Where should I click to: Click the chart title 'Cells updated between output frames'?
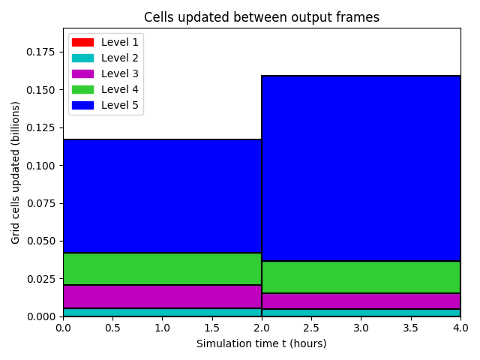262,17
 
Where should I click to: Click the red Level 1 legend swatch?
82,42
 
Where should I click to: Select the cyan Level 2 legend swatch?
82,58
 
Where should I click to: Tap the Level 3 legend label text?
120,73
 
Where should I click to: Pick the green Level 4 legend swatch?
82,89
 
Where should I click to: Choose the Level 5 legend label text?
120,105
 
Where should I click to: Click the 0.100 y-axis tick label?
40,166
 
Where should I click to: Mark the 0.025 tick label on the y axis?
40,279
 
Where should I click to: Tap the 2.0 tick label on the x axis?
262,328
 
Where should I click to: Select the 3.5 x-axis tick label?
410,328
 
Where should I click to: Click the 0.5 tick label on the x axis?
112,328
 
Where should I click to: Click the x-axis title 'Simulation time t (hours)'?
262,343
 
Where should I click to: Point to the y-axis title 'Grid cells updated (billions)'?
15,172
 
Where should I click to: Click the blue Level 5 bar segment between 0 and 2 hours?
162,196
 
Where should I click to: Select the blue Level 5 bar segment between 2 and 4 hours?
361,168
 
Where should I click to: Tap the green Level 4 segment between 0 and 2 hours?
162,268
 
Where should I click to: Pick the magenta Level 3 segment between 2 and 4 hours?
361,301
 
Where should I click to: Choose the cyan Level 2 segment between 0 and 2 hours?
162,312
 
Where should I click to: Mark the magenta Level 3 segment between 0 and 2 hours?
162,297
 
